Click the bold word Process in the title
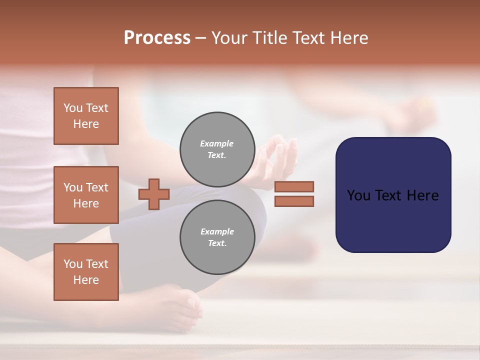click(157, 38)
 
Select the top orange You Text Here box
click(86, 116)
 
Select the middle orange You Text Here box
click(86, 195)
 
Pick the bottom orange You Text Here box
click(86, 272)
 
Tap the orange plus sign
click(154, 194)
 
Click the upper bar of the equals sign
click(294, 186)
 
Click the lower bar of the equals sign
click(294, 201)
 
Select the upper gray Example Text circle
click(217, 149)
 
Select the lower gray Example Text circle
click(217, 237)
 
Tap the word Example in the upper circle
click(217, 143)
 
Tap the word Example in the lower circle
click(217, 231)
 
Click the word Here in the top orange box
click(86, 124)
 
